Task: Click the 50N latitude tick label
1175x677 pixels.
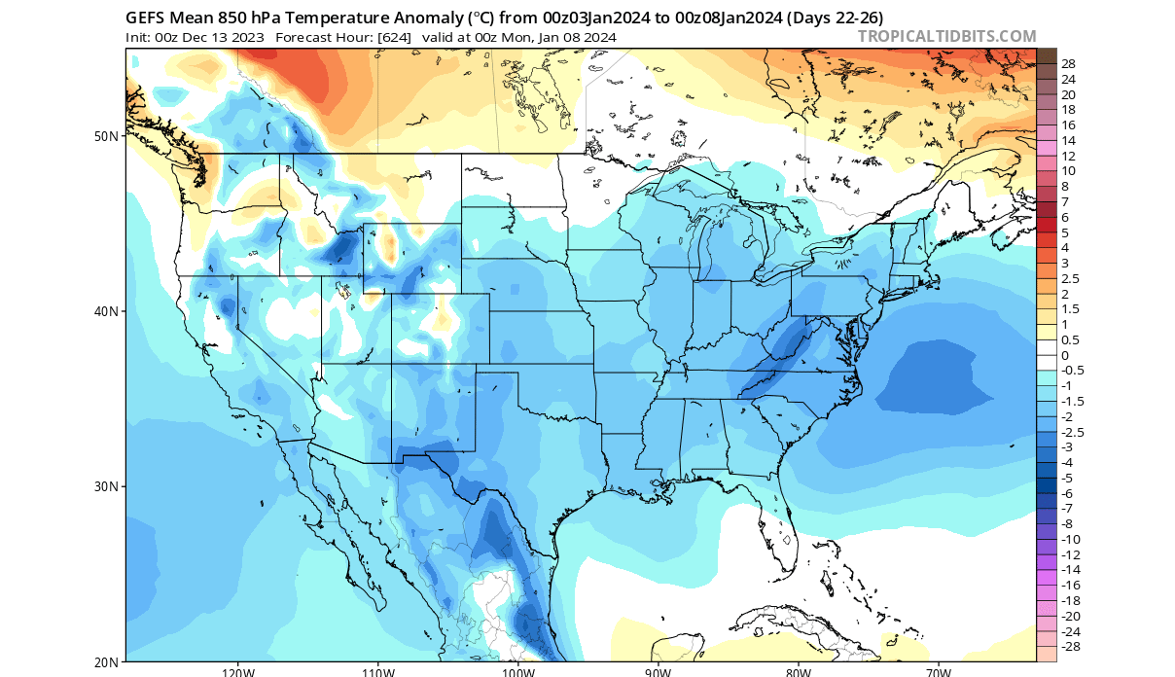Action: pyautogui.click(x=106, y=136)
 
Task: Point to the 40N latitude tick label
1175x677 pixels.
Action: pyautogui.click(x=106, y=311)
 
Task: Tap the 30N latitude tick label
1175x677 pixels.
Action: pyautogui.click(x=106, y=486)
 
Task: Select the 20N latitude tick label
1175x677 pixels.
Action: pyautogui.click(x=106, y=661)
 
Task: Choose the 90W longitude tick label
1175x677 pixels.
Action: pyautogui.click(x=658, y=671)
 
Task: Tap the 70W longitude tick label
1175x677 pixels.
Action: pyautogui.click(x=938, y=671)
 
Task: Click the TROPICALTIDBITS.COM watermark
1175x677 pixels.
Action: pyautogui.click(x=946, y=37)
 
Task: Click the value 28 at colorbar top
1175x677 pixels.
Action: pyautogui.click(x=1068, y=64)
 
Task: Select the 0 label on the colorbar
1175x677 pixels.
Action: pyautogui.click(x=1064, y=355)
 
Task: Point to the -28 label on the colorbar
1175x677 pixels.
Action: pyautogui.click(x=1070, y=646)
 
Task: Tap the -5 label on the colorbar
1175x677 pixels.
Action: pyautogui.click(x=1066, y=478)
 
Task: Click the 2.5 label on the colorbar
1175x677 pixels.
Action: pyautogui.click(x=1068, y=278)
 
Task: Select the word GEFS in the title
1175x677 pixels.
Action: pyautogui.click(x=146, y=18)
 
